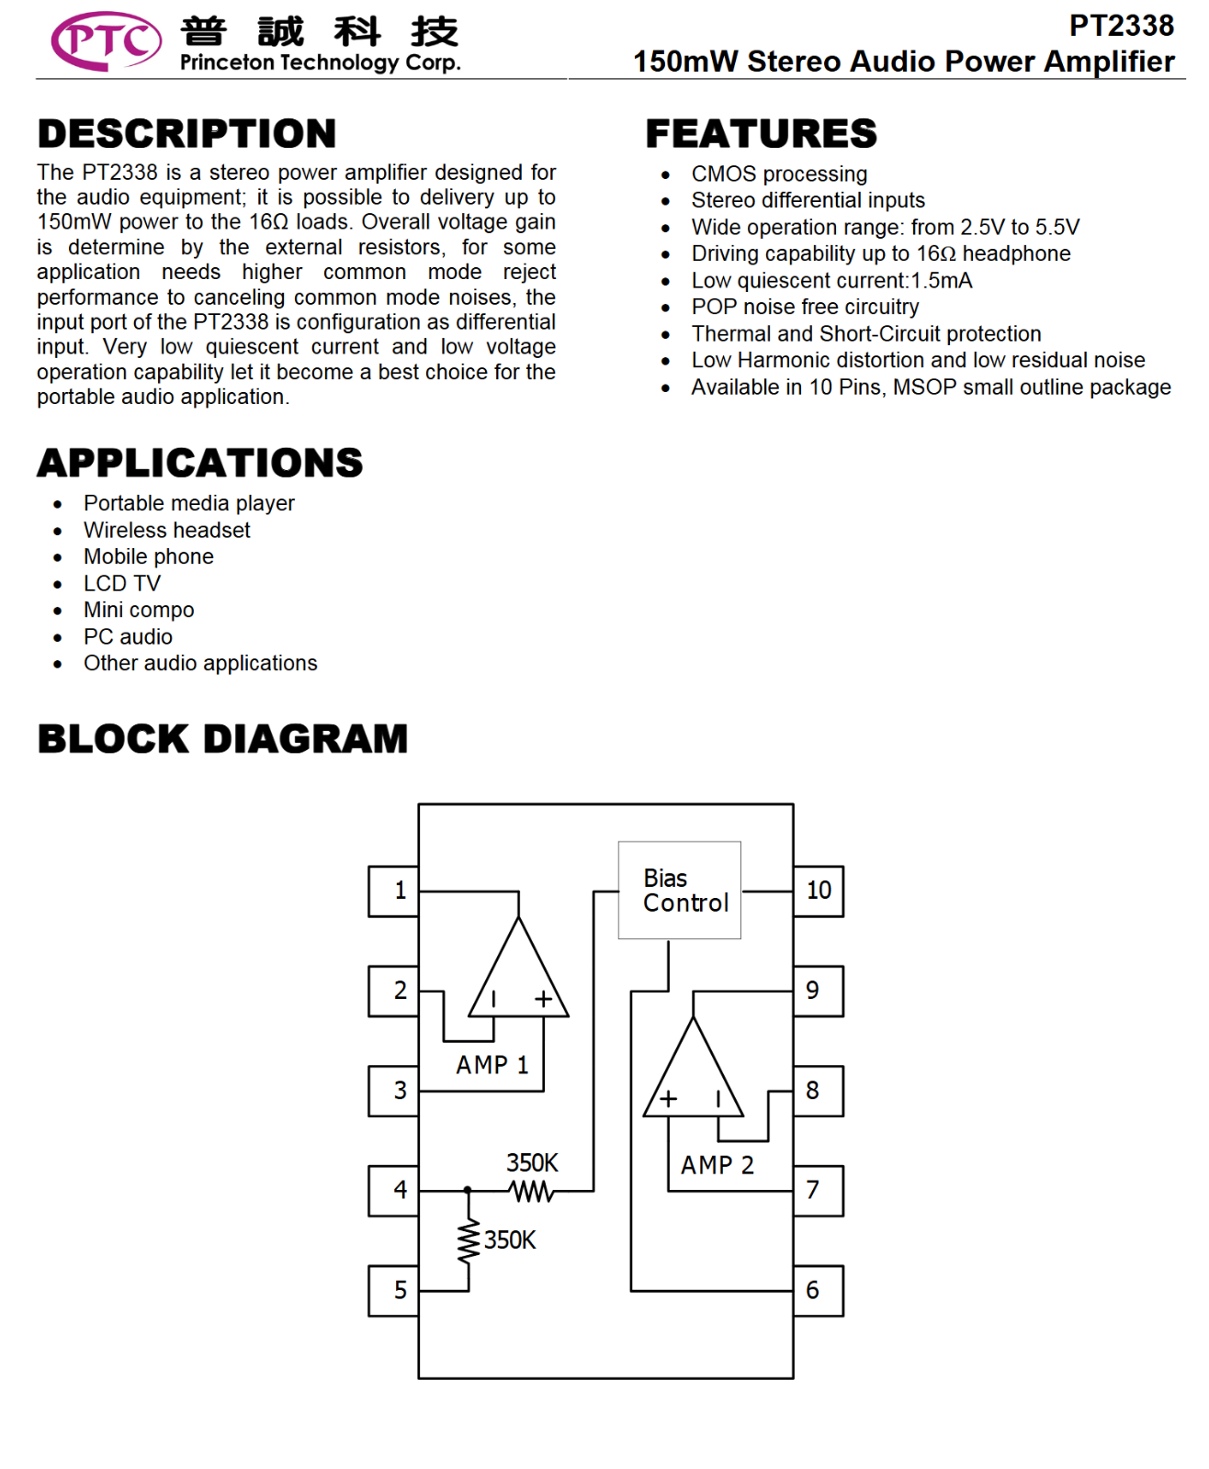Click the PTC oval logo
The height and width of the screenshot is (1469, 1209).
click(x=106, y=40)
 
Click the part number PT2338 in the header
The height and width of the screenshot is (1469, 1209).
click(x=1121, y=26)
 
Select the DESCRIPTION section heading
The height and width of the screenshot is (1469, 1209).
click(x=186, y=133)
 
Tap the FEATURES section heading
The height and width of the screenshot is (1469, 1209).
click(x=761, y=133)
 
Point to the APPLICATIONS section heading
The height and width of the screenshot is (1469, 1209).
click(x=200, y=463)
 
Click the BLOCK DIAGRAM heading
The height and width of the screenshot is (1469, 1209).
click(x=222, y=738)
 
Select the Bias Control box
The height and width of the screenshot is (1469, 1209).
click(x=680, y=890)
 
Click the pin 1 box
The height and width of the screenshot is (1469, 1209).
click(x=393, y=891)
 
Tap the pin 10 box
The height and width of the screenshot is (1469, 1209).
click(x=818, y=891)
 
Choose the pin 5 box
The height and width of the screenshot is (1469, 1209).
click(x=393, y=1291)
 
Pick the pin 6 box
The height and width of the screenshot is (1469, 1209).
click(x=818, y=1291)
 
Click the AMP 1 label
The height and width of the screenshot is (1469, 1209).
click(x=492, y=1065)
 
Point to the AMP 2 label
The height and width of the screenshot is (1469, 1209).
click(x=717, y=1164)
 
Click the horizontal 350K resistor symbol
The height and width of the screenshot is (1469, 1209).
click(x=532, y=1191)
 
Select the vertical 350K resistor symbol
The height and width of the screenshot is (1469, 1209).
click(x=469, y=1240)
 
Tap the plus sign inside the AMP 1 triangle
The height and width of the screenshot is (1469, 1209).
click(x=544, y=999)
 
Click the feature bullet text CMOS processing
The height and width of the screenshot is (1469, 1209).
click(x=779, y=174)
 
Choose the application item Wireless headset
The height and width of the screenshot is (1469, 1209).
click(x=166, y=530)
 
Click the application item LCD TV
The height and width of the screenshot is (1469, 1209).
click(x=122, y=583)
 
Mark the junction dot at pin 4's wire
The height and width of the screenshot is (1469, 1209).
click(x=468, y=1191)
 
